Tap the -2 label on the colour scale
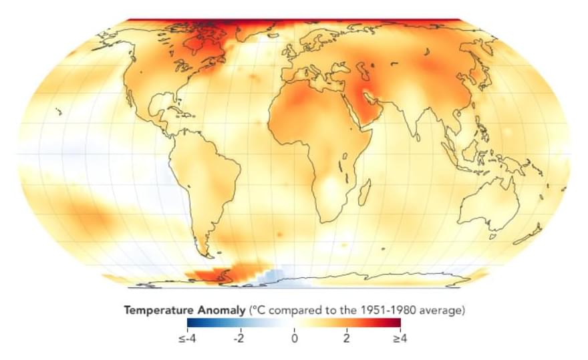click(x=239, y=338)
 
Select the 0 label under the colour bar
click(x=294, y=338)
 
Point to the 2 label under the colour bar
click(x=347, y=338)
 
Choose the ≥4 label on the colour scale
click(x=399, y=338)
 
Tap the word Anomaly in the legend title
click(x=223, y=311)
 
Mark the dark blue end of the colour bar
click(x=190, y=324)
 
